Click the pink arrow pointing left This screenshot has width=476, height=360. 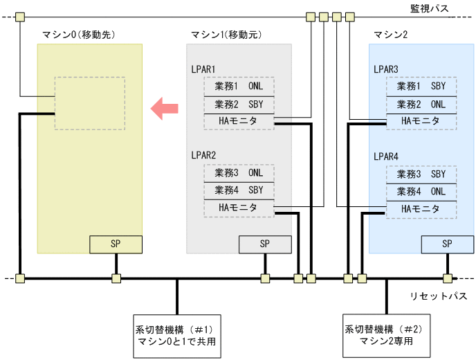(x=165, y=108)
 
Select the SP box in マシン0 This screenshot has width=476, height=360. (x=116, y=244)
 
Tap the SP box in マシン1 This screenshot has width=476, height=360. (x=265, y=244)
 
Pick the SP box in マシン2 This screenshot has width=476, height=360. (x=447, y=244)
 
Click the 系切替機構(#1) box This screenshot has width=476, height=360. (x=177, y=336)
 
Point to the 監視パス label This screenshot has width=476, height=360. (x=429, y=8)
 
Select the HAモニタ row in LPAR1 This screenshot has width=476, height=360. (x=238, y=122)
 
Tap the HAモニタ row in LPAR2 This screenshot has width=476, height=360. (x=238, y=208)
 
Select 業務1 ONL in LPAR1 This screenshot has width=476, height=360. (x=238, y=87)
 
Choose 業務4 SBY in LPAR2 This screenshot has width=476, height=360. (x=238, y=190)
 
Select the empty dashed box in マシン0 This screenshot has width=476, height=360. (x=89, y=103)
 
